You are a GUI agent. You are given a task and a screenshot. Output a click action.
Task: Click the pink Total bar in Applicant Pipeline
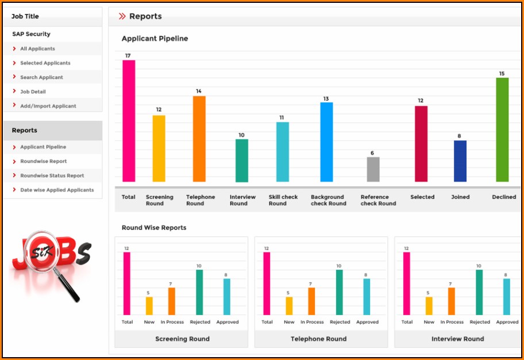coord(129,121)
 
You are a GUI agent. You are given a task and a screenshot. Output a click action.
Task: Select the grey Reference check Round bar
coord(373,169)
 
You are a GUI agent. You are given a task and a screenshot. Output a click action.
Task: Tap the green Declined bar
coord(502,129)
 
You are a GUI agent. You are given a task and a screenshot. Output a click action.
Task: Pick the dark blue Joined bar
coord(460,161)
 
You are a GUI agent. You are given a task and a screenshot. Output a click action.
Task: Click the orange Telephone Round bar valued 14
coord(199,139)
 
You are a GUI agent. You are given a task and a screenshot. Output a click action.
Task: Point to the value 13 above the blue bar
coord(326,99)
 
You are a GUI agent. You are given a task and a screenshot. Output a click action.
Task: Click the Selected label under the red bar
coord(422,197)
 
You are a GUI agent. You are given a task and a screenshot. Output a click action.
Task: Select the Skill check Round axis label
coord(283,200)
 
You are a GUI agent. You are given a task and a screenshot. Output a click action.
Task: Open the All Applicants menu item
coord(38,49)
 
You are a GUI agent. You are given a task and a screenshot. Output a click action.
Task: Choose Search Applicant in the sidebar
coord(41,78)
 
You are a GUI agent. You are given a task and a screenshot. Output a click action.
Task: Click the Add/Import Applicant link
coord(48,106)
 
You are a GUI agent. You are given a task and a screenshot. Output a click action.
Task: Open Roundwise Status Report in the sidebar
coord(52,176)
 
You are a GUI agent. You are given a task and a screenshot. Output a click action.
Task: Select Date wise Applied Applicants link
coord(57,190)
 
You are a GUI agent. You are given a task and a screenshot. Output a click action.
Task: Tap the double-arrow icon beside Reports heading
coord(122,17)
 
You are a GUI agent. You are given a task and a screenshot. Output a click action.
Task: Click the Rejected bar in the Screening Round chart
coord(199,292)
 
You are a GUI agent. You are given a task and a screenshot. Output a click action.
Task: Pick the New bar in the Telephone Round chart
coord(289,305)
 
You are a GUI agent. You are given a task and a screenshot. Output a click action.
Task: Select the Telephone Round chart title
coord(319,339)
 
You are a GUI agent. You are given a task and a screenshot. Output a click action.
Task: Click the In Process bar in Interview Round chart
coord(452,301)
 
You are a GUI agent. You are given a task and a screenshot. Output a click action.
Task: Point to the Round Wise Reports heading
coord(154,228)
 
